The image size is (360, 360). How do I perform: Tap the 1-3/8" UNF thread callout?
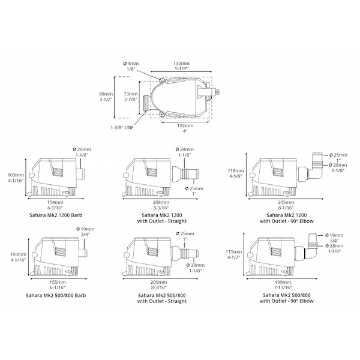point(122,128)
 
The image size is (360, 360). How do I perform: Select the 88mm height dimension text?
point(106,97)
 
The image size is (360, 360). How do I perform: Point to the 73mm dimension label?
point(131,97)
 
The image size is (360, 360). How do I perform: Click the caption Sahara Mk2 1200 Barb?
point(56,215)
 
